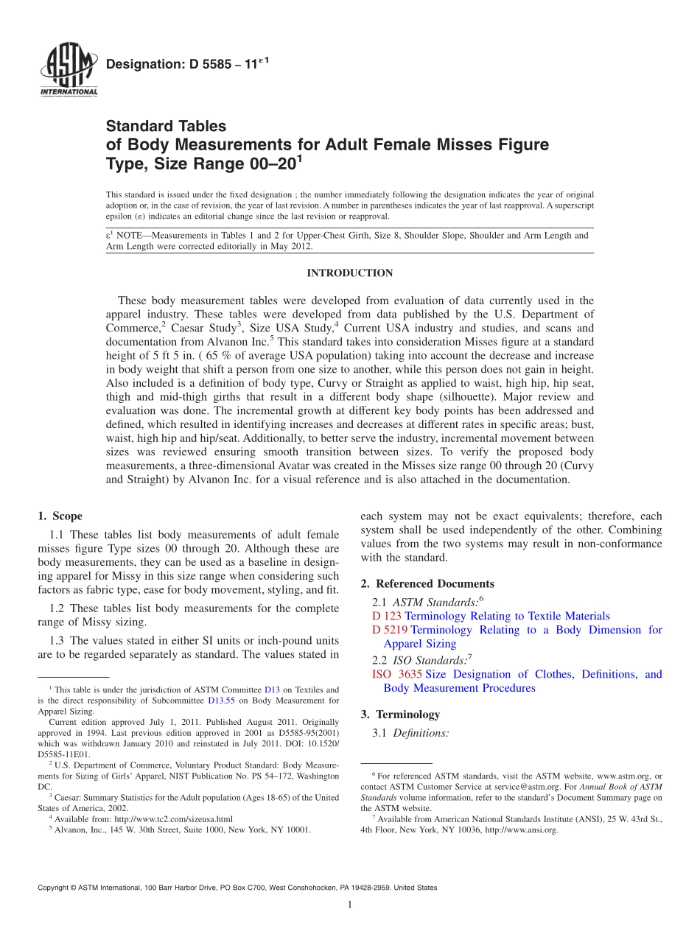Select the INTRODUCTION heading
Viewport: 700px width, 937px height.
[349, 273]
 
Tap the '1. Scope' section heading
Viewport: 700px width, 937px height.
[60, 516]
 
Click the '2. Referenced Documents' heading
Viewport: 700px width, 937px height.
[427, 584]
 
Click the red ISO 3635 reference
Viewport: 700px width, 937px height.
[396, 674]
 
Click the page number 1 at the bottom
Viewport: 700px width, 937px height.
[350, 905]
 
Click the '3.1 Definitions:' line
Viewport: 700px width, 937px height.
[410, 734]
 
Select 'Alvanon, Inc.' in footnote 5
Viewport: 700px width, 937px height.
[79, 829]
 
